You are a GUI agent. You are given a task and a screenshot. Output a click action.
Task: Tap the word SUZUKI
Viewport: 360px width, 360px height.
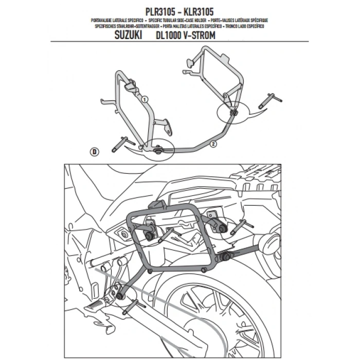[x=127, y=37]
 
